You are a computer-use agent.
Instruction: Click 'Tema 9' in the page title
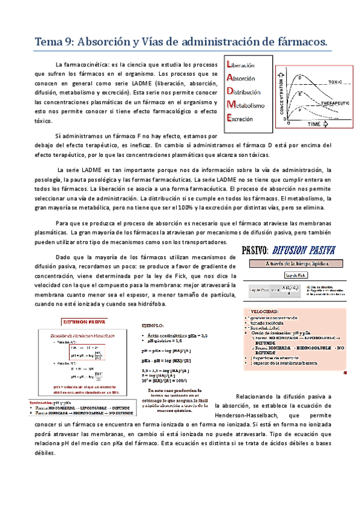click(x=53, y=41)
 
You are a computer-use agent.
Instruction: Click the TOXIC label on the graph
click(x=335, y=81)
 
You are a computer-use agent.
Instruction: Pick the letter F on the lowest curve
click(x=301, y=109)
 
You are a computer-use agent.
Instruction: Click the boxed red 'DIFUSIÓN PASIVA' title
click(x=80, y=322)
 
